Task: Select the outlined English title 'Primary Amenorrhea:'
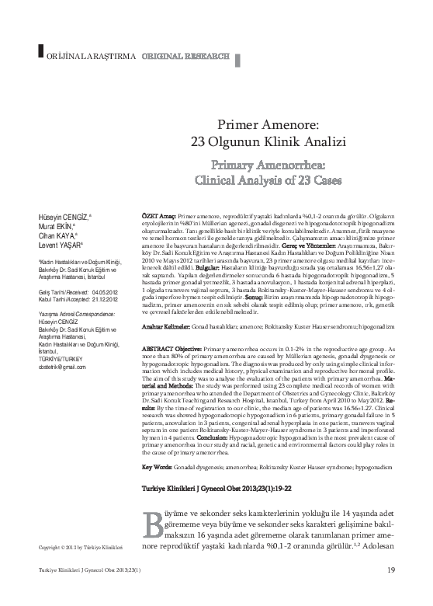(x=269, y=165)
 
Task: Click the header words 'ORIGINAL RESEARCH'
(x=185, y=57)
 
